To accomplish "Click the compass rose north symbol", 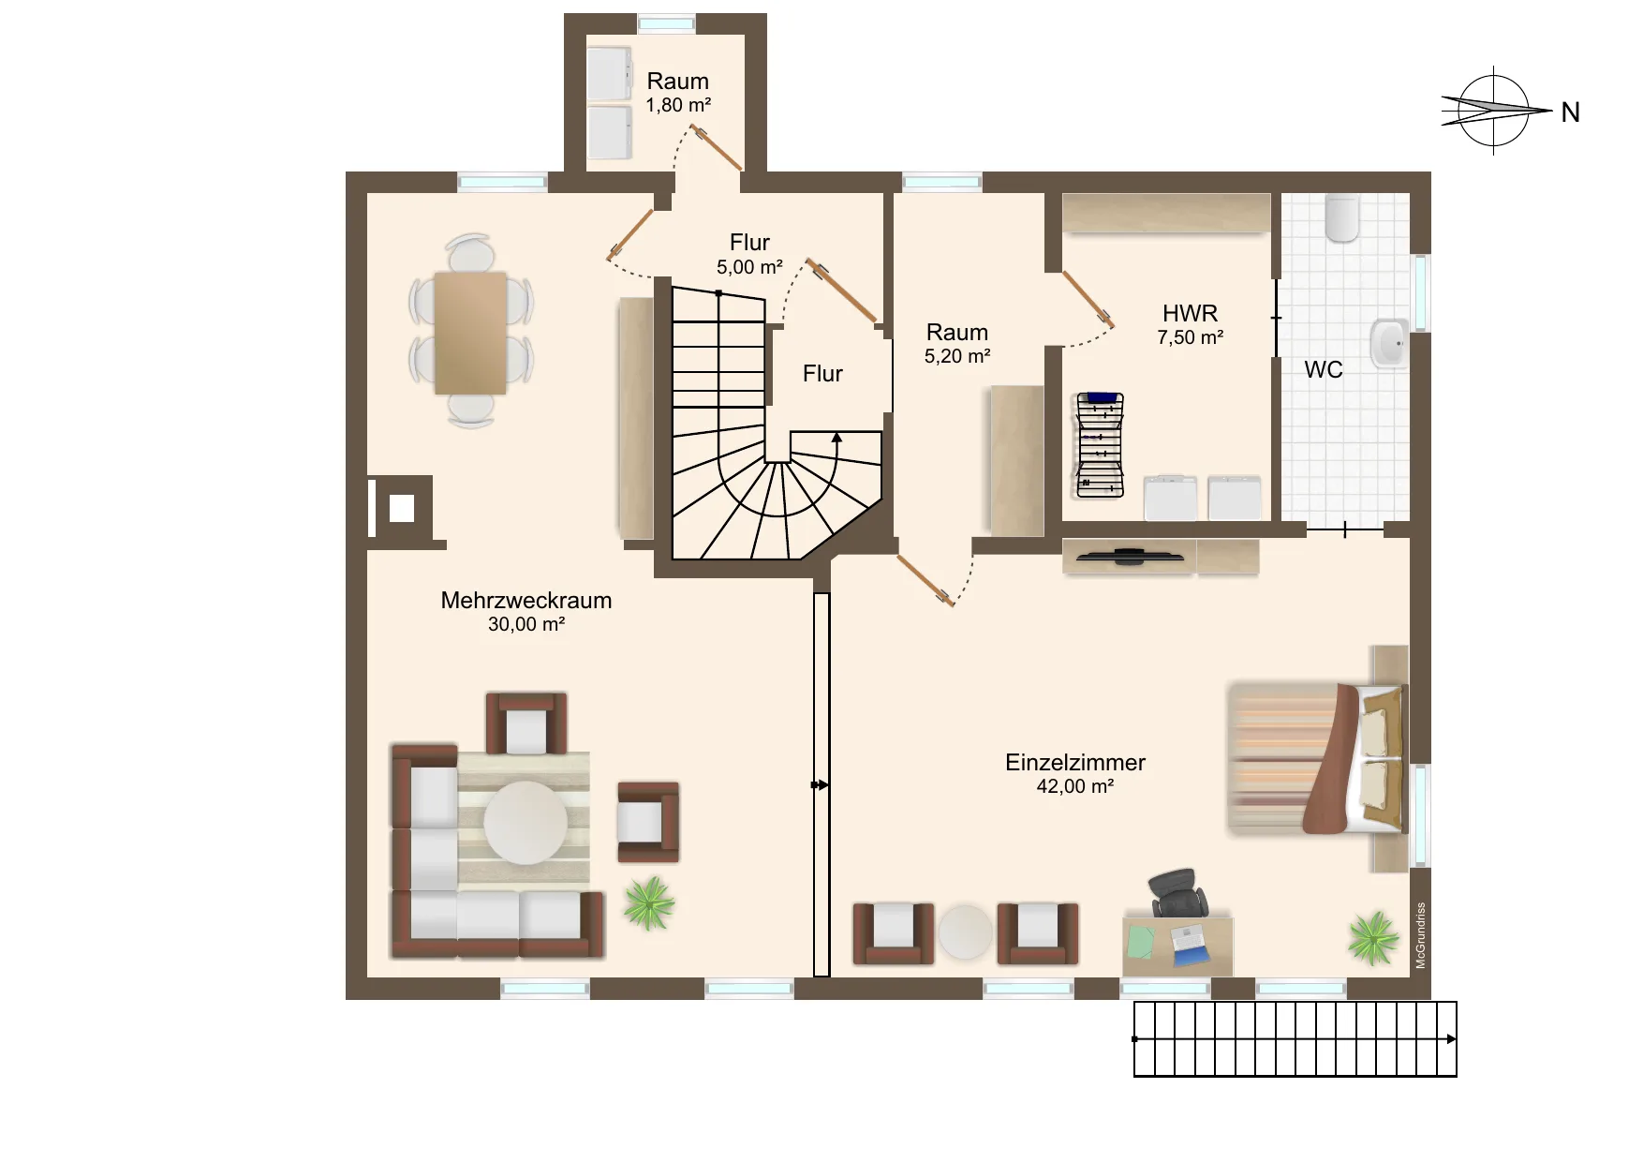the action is tap(1496, 110).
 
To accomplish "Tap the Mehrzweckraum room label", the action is tap(526, 601).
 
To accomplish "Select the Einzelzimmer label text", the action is tap(1075, 763).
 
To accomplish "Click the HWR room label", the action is tap(1191, 313).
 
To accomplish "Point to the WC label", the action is tap(1324, 370).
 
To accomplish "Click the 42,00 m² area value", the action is tap(1075, 787).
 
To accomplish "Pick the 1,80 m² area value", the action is tap(678, 106).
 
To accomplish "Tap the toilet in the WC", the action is tap(1342, 217).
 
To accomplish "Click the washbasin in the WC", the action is tap(1388, 343).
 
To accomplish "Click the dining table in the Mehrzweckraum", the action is tap(470, 333).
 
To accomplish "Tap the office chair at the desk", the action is tap(1177, 893).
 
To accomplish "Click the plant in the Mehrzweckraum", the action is tap(649, 902).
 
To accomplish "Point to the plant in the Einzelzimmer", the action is tap(1373, 937).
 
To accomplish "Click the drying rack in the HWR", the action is tap(1099, 444).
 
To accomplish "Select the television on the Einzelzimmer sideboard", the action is tap(1129, 557).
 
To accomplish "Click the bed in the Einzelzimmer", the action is tap(1317, 758).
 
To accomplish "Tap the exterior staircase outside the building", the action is tap(1295, 1039).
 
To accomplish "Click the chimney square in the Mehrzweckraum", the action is tap(402, 508).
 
